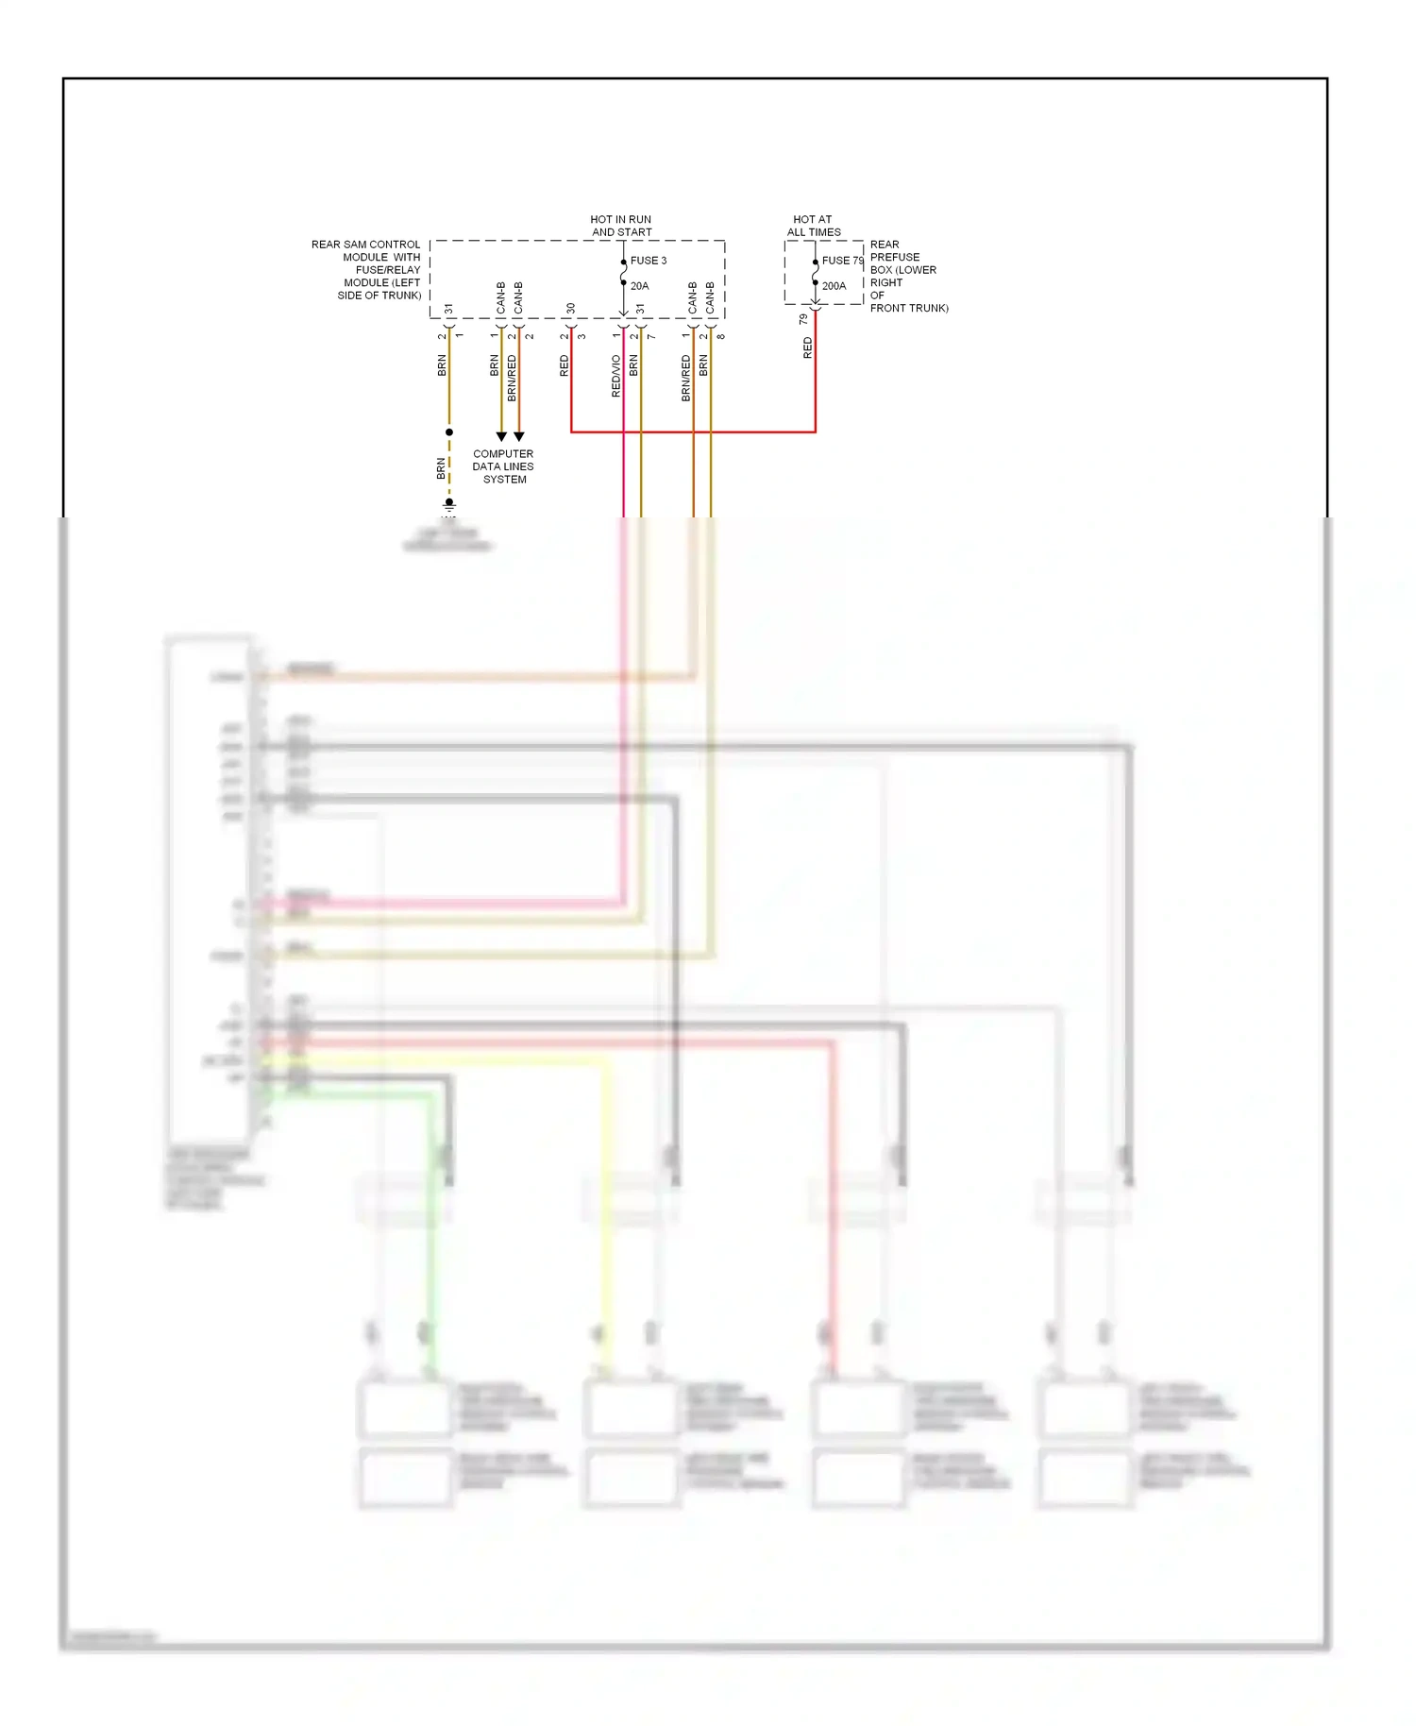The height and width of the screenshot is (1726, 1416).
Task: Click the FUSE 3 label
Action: [x=649, y=261]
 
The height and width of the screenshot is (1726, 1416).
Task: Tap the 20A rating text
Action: [x=639, y=286]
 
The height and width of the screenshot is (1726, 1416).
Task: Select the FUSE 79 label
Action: [x=842, y=261]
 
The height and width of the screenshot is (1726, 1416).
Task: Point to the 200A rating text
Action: [x=834, y=286]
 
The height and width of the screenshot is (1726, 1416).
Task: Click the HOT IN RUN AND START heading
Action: [x=621, y=226]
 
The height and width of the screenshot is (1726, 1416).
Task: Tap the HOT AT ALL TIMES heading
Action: [x=813, y=226]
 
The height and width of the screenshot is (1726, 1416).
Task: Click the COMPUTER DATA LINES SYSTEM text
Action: [x=503, y=466]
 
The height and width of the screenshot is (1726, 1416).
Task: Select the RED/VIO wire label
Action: [x=616, y=375]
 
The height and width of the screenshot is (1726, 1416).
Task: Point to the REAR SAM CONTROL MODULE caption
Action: [x=367, y=270]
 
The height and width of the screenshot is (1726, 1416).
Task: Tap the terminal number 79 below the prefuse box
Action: [x=803, y=320]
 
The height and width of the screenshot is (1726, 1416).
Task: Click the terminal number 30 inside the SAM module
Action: [x=570, y=309]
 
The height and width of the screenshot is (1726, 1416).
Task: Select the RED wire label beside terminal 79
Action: [x=807, y=347]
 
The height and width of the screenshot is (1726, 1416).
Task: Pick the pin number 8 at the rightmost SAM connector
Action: [x=721, y=336]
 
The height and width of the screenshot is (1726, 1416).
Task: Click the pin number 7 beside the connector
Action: [x=651, y=336]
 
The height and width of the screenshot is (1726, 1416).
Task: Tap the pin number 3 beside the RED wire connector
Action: [x=582, y=336]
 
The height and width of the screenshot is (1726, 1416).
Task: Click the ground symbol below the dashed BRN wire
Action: [x=449, y=505]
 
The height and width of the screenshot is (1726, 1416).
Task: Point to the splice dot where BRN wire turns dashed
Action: [x=449, y=432]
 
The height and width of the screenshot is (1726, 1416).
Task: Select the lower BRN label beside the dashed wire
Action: [x=441, y=467]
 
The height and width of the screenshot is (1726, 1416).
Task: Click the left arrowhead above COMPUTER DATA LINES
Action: [x=501, y=436]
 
